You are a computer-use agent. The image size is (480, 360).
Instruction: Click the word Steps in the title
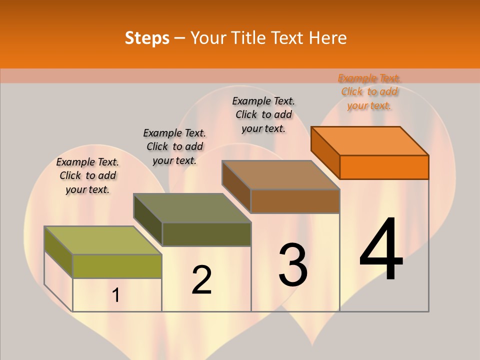(147, 38)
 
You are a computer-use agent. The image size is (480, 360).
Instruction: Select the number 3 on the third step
(293, 264)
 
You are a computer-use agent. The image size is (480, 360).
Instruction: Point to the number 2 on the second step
(202, 279)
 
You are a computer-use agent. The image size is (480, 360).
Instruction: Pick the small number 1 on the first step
(116, 295)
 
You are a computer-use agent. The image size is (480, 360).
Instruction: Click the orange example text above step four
(369, 91)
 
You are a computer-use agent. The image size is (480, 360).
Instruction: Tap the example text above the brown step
(263, 114)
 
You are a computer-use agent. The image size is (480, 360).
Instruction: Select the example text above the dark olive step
(174, 146)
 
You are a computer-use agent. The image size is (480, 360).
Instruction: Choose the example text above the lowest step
(87, 175)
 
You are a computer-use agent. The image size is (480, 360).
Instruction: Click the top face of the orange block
(370, 140)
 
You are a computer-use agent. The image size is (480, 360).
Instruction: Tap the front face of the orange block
(384, 167)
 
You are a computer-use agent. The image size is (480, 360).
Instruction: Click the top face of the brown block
(281, 175)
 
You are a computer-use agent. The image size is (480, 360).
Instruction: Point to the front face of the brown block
(295, 201)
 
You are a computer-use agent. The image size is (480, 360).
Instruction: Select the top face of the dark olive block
(192, 208)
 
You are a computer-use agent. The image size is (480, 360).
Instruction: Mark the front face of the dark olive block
(206, 234)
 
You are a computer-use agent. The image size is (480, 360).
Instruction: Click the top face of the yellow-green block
(103, 240)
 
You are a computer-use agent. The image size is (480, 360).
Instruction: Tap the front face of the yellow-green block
(117, 266)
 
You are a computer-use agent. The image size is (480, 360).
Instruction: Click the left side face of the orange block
(325, 152)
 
